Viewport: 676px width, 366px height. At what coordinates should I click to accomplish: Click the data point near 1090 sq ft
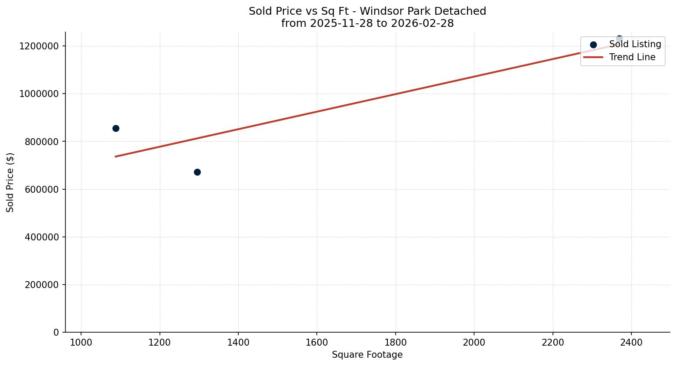click(116, 128)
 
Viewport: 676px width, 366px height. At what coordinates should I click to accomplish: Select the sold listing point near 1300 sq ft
click(197, 172)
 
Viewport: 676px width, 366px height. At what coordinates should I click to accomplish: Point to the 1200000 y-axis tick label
click(39, 46)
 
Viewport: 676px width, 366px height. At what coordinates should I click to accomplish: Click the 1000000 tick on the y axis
click(39, 94)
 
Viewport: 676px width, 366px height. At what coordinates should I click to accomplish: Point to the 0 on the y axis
click(56, 332)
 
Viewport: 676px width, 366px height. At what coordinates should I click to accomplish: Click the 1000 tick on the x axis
click(81, 342)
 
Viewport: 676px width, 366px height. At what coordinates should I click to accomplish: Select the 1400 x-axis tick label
click(238, 342)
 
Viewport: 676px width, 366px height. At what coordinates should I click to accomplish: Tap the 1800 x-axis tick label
click(395, 342)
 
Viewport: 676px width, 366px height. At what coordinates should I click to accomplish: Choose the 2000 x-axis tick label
click(474, 342)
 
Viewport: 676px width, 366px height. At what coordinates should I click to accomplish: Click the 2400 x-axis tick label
click(631, 342)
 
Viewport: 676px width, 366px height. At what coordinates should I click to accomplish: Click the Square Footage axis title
click(367, 355)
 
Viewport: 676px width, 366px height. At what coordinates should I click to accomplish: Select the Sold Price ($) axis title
click(10, 182)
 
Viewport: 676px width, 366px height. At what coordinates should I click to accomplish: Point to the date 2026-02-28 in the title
click(422, 23)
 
